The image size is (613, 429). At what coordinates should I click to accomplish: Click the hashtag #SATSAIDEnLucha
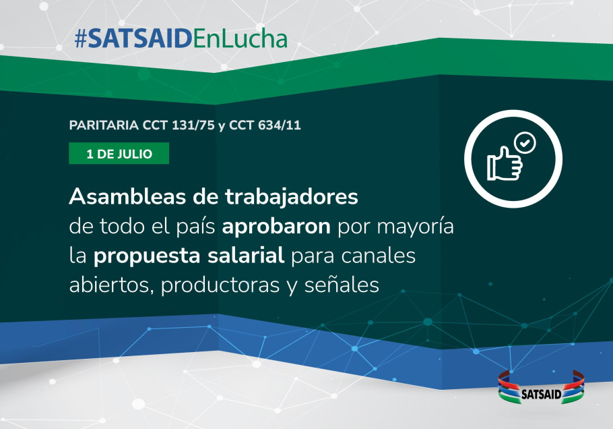[x=181, y=38]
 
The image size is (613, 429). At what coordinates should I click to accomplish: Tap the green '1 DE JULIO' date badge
[x=119, y=153]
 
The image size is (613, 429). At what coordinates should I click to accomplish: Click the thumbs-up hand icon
[x=505, y=164]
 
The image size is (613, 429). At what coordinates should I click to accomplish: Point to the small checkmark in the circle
[x=525, y=143]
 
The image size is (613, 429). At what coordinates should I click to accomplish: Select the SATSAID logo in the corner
[x=541, y=387]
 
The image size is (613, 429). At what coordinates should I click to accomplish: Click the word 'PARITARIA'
[x=104, y=125]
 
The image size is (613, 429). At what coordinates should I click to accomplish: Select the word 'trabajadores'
[x=291, y=197]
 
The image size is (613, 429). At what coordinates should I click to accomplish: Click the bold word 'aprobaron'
[x=276, y=226]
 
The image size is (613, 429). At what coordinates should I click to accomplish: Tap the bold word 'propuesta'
[x=147, y=256]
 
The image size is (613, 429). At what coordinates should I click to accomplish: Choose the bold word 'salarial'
[x=246, y=255]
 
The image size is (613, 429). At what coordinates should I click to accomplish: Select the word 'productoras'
[x=220, y=286]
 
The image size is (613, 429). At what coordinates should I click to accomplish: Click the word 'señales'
[x=342, y=285]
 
